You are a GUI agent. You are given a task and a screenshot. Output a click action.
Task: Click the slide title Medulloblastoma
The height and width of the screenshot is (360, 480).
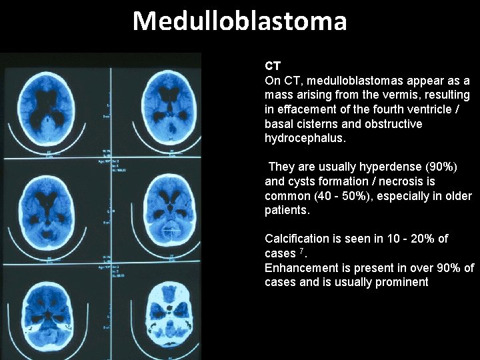(240, 21)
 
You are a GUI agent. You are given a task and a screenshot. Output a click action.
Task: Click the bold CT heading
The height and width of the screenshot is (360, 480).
(272, 66)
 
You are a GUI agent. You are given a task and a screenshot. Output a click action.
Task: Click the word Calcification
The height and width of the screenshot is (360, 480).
(297, 239)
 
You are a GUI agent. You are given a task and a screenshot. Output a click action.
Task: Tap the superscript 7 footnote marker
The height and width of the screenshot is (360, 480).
(301, 251)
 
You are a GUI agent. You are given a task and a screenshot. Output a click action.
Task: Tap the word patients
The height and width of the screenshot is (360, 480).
(287, 210)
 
